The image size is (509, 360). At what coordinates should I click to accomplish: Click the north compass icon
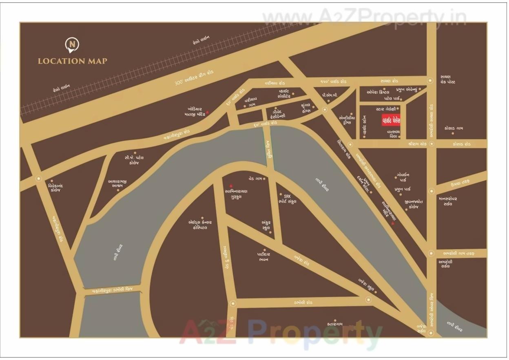click(72, 44)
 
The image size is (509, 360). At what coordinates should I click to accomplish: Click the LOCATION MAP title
click(73, 61)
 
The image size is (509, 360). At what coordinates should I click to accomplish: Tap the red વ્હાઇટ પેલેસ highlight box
click(391, 120)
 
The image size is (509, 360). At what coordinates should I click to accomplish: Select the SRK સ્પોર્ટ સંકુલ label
click(287, 199)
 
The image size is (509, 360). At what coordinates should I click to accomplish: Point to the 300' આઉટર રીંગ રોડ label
click(194, 77)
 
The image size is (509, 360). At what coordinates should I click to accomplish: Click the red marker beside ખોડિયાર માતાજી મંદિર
click(207, 112)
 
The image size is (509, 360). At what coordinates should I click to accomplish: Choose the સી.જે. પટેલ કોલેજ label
click(134, 160)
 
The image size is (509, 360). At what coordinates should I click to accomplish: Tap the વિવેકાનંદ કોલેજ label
click(55, 188)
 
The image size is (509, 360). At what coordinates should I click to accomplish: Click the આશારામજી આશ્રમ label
click(118, 183)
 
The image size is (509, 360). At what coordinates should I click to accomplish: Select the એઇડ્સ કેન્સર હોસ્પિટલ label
click(200, 225)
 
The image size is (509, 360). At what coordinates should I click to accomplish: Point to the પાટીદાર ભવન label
click(263, 257)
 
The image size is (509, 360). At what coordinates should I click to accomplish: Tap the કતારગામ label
click(335, 325)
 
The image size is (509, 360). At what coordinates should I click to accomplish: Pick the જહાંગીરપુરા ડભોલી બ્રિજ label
click(113, 291)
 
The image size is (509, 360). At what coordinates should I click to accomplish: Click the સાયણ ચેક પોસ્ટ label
click(447, 80)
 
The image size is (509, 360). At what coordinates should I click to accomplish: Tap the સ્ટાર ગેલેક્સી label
click(385, 109)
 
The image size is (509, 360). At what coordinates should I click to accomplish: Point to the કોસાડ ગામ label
click(454, 128)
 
